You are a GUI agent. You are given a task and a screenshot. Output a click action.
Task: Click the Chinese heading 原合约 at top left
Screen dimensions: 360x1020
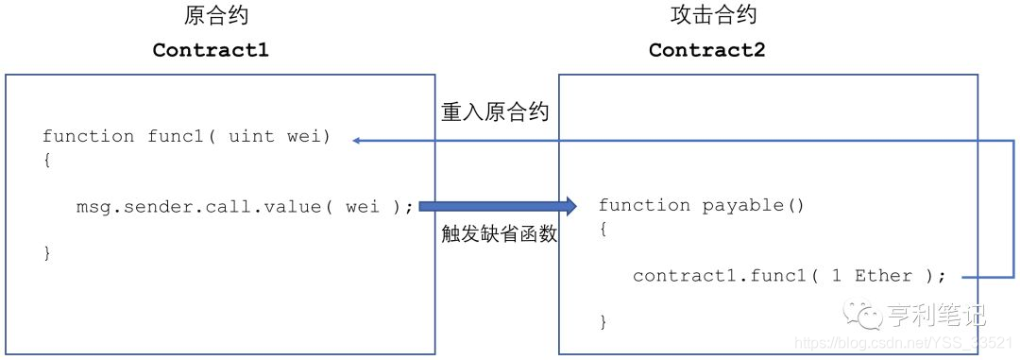(x=216, y=15)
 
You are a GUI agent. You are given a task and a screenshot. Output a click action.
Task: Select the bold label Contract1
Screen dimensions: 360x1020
(x=211, y=50)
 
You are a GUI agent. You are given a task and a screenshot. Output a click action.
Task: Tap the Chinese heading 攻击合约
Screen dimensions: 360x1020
(x=713, y=15)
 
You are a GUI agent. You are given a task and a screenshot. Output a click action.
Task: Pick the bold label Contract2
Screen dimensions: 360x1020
(x=706, y=50)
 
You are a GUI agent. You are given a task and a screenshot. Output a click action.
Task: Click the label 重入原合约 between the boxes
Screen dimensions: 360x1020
(x=495, y=111)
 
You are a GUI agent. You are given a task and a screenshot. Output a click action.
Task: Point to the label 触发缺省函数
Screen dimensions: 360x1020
(x=499, y=234)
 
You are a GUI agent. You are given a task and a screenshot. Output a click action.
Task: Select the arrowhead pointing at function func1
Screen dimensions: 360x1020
(x=358, y=141)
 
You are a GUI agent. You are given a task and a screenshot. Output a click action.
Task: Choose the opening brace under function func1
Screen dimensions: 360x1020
(x=47, y=160)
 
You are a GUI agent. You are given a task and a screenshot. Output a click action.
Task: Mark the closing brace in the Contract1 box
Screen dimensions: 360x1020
(x=47, y=252)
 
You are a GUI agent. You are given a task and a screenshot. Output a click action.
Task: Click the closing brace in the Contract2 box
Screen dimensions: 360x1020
(x=603, y=322)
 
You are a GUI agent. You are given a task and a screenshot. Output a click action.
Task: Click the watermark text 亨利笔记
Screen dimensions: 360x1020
(x=934, y=313)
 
